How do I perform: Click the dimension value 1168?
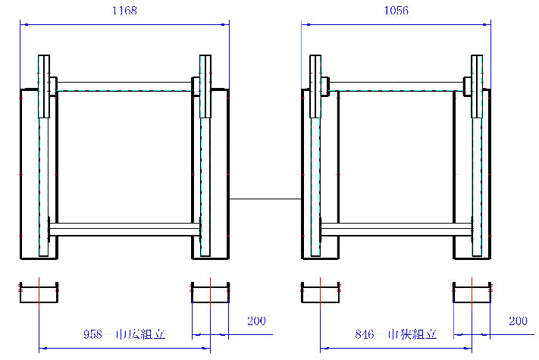125,11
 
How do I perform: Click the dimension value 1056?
396,11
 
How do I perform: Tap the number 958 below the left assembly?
92,334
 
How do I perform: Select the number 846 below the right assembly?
365,334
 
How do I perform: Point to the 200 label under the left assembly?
256,321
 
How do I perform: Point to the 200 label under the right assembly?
518,321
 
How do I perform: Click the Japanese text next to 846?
412,334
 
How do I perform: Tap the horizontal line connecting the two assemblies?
265,199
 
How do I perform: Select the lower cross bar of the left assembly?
125,230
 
